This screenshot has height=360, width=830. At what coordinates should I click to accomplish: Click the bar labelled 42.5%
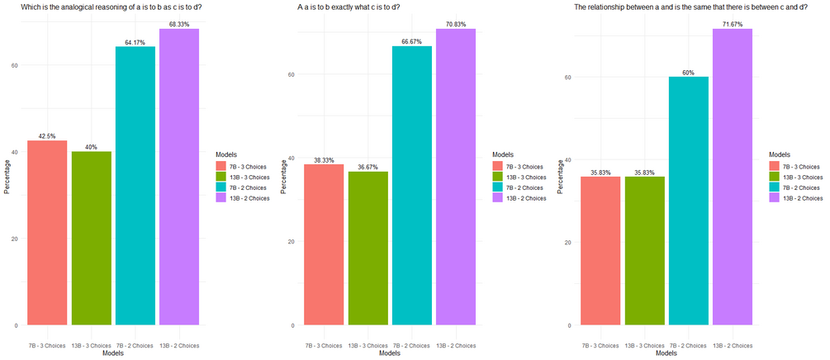tap(48, 233)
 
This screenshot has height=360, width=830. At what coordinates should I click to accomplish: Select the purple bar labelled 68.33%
tap(179, 177)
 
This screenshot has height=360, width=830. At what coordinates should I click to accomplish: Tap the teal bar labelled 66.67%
tap(412, 186)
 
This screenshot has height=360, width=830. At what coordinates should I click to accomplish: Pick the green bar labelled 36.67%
tap(368, 249)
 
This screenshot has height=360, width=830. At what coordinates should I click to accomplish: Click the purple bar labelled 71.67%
tap(733, 177)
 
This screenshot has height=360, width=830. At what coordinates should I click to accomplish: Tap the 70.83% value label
tap(456, 25)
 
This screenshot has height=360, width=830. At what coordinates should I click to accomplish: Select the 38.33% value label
tap(324, 160)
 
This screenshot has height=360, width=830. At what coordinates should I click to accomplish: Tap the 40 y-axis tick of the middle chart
tap(291, 158)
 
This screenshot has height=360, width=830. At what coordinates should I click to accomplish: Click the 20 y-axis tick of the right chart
tap(567, 243)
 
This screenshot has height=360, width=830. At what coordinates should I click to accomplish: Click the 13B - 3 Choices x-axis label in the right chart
tap(645, 345)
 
